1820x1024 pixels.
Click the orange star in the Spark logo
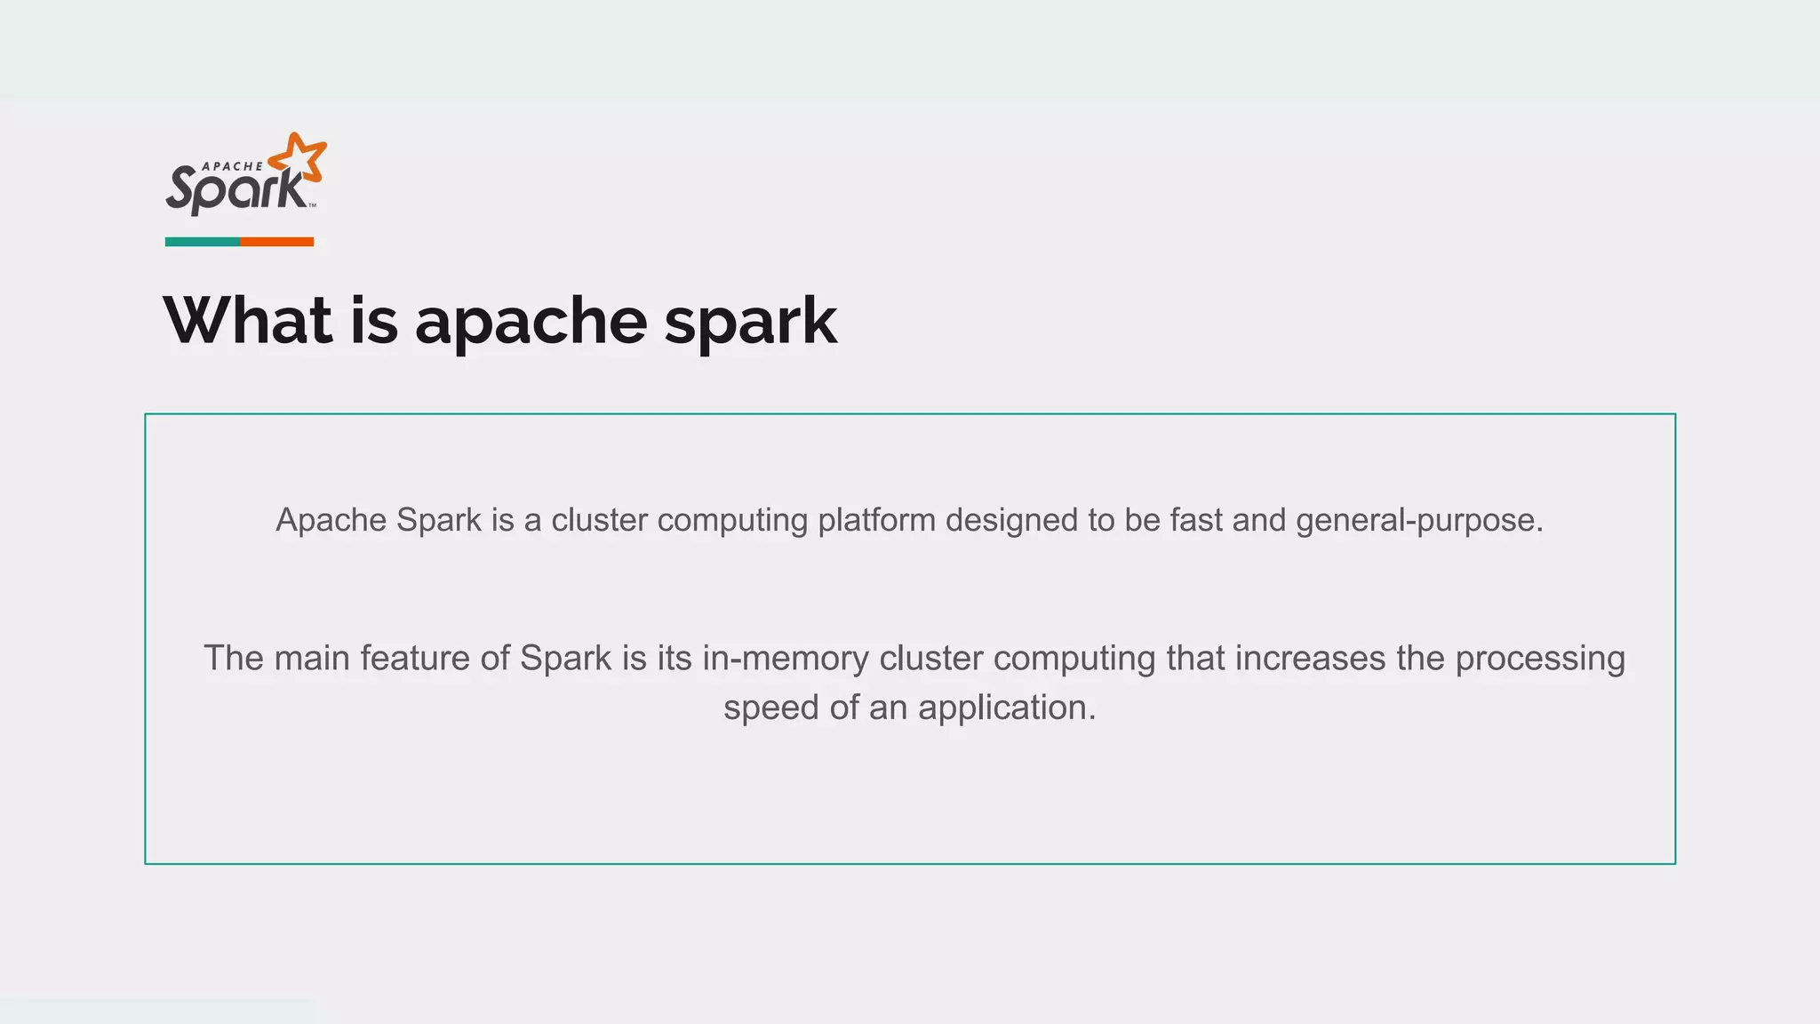(299, 160)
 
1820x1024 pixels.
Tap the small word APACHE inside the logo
(233, 166)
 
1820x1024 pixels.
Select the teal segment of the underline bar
(202, 242)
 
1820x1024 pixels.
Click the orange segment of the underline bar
(276, 242)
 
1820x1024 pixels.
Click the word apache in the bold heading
(531, 322)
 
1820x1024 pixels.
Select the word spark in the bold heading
(750, 322)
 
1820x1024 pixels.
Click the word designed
(1011, 520)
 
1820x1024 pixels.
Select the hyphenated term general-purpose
(1418, 521)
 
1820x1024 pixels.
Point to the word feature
(414, 659)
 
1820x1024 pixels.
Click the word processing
(1539, 660)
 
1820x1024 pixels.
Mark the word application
(1006, 708)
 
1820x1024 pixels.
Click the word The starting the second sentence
(234, 659)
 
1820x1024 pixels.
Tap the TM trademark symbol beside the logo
(312, 206)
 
